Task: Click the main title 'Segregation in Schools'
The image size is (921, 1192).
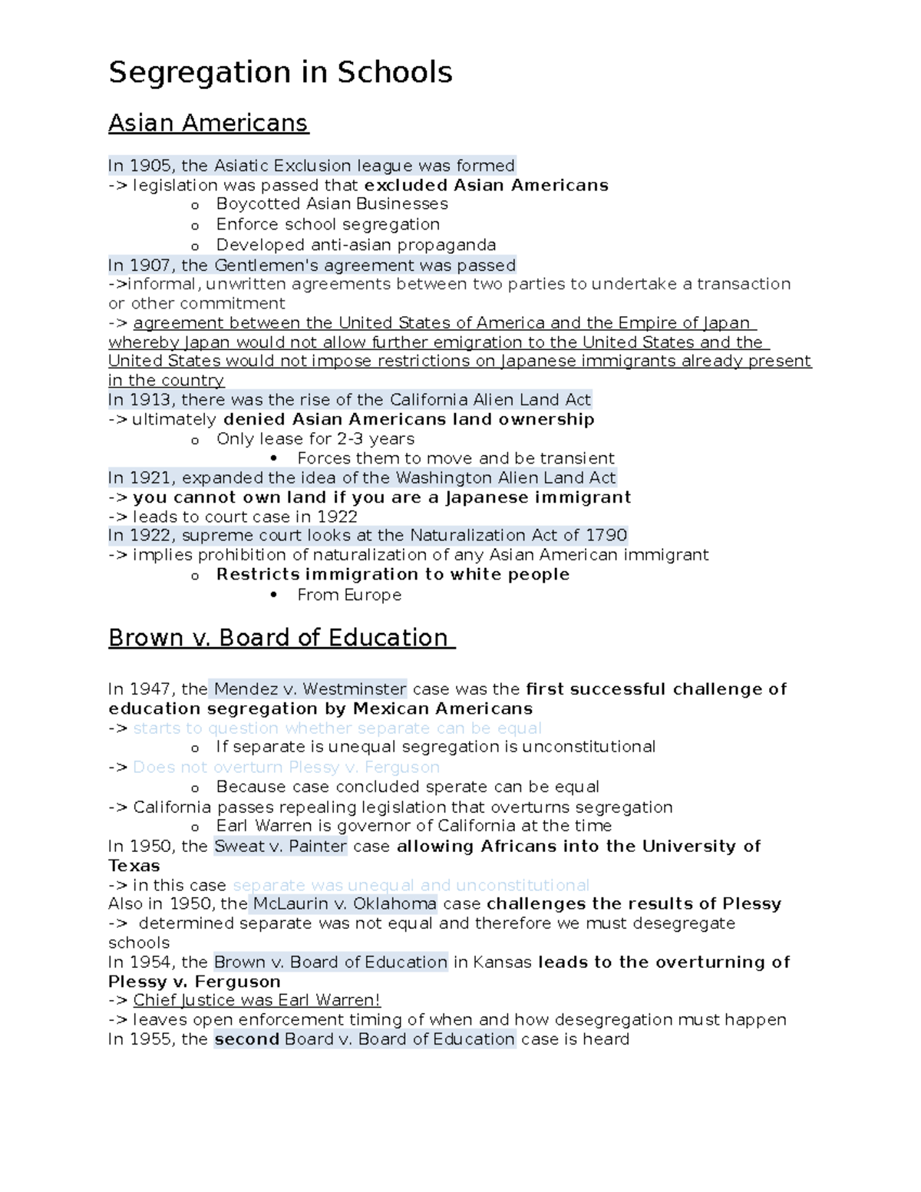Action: click(x=280, y=73)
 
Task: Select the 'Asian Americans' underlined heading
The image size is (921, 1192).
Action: click(x=208, y=123)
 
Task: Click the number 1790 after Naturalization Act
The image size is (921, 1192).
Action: click(x=606, y=535)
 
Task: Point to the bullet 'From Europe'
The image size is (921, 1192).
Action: click(x=349, y=595)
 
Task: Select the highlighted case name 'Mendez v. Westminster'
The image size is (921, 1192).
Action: click(x=310, y=689)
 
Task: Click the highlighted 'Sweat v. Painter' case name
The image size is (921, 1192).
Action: click(x=280, y=847)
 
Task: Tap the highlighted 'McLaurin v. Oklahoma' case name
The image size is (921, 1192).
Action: click(x=345, y=904)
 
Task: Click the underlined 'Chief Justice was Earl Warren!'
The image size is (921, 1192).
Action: click(x=256, y=1001)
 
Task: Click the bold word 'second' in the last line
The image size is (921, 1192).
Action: click(x=246, y=1039)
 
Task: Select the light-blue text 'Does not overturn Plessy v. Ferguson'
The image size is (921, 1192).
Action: click(x=286, y=768)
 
